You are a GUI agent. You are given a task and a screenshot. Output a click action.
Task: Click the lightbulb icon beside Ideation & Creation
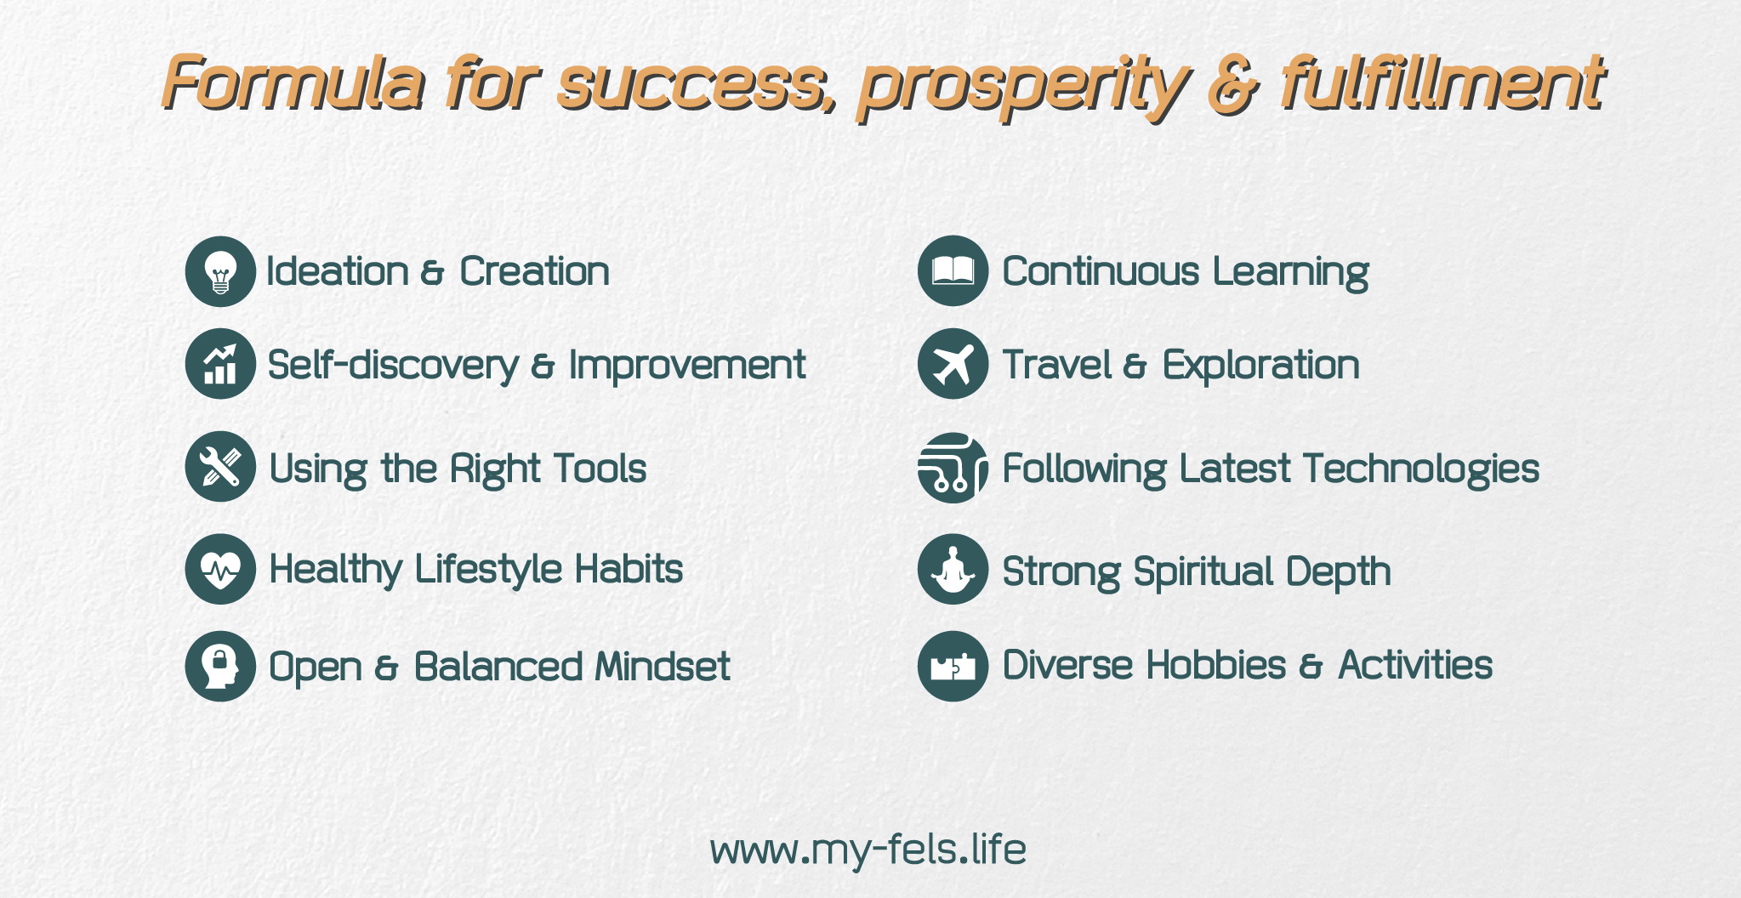(220, 271)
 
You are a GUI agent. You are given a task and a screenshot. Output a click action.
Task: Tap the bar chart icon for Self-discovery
(220, 364)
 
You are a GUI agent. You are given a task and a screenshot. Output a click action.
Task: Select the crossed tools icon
(220, 467)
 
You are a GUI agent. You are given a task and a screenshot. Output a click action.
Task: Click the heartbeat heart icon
(220, 569)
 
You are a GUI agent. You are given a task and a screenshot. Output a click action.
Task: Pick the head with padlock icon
(220, 666)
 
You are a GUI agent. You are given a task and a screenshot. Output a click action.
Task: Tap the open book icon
(953, 271)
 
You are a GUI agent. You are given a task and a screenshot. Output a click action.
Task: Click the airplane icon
(953, 364)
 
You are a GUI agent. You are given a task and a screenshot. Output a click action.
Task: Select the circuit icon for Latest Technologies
(953, 468)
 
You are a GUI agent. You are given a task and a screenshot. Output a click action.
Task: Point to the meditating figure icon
(953, 569)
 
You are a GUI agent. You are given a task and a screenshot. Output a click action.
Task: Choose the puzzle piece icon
(953, 666)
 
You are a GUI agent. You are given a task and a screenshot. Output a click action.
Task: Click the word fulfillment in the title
(1442, 82)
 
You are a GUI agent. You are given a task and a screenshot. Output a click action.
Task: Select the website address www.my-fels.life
(868, 850)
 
